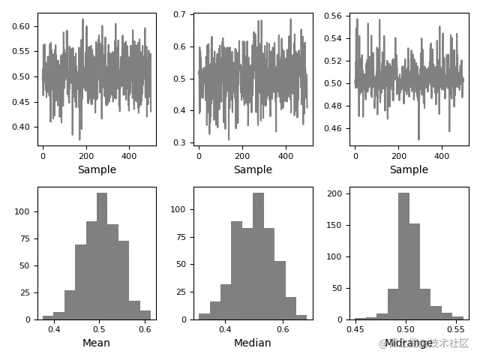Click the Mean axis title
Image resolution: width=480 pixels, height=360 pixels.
click(96, 343)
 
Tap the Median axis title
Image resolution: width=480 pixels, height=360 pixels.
click(252, 343)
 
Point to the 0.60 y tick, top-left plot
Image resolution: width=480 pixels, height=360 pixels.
click(22, 26)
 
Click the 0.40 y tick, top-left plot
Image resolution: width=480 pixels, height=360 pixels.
click(22, 127)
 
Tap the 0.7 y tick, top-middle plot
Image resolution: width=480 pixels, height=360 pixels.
click(181, 15)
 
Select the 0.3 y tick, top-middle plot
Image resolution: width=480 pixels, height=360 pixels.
click(181, 142)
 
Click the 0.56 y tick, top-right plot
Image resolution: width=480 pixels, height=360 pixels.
click(334, 16)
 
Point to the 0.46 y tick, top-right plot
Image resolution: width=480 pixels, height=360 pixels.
click(334, 129)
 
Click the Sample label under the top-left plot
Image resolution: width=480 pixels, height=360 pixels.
click(97, 169)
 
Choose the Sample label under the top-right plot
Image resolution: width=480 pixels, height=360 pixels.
click(409, 169)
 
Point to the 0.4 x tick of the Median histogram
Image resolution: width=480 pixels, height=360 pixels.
click(225, 328)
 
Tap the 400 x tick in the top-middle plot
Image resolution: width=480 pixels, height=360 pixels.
click(286, 156)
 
